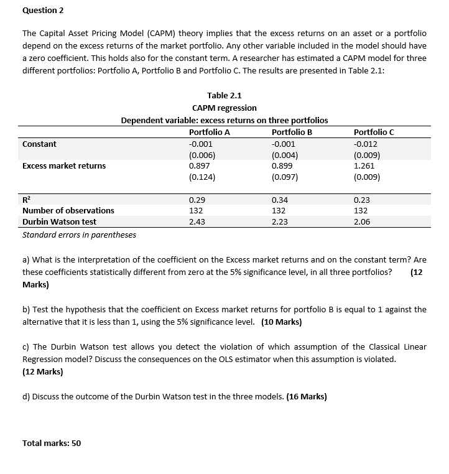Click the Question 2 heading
tap(44, 11)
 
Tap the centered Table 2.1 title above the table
tap(224, 95)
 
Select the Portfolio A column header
tap(209, 132)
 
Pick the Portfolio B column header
tap(292, 132)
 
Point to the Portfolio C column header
tap(373, 132)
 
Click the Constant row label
tap(39, 144)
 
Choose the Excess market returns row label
tap(64, 165)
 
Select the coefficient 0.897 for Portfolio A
tap(199, 165)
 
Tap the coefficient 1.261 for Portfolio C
tap(363, 165)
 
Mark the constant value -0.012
tap(365, 144)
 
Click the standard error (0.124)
tap(202, 177)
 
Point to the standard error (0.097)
tap(285, 177)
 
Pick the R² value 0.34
tap(280, 200)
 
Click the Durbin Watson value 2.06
tap(361, 221)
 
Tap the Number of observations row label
tap(68, 210)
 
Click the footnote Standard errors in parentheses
tap(79, 235)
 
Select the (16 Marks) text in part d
tap(306, 396)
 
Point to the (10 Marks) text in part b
tap(281, 322)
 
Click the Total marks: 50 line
tap(52, 443)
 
